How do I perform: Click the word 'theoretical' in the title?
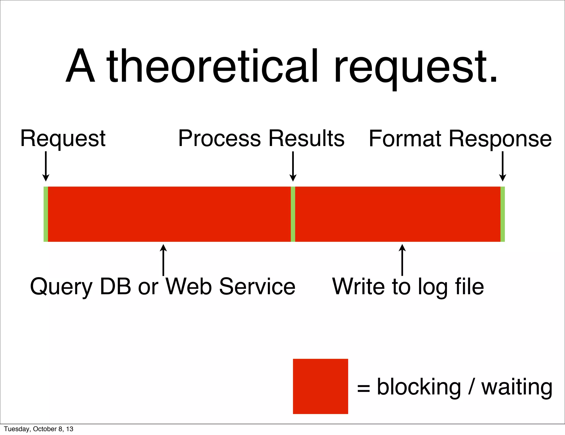click(212, 66)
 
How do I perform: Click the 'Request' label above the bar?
click(63, 139)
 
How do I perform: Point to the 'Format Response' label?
click(460, 139)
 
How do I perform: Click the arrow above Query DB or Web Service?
click(163, 259)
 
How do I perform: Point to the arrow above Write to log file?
click(402, 259)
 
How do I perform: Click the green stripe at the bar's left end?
click(46, 214)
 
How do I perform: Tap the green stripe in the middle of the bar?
click(293, 214)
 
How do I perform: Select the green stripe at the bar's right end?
click(503, 214)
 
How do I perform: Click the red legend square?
click(320, 386)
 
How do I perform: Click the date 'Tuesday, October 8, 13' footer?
click(39, 429)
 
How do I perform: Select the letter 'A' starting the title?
click(80, 66)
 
